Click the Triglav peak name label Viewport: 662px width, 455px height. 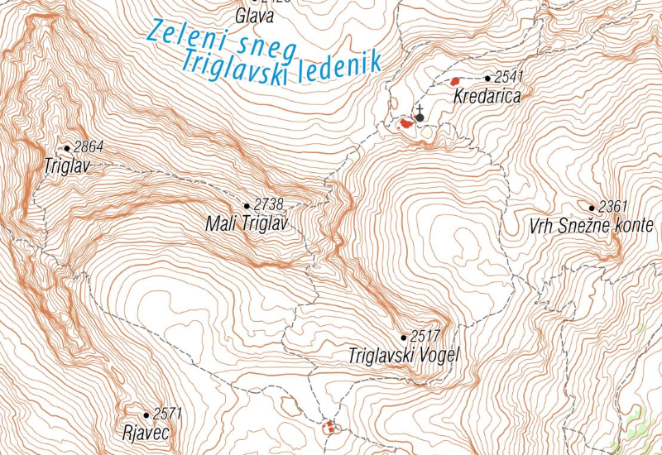click(65, 165)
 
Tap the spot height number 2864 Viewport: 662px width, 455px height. click(89, 147)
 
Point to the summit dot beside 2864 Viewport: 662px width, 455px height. click(68, 149)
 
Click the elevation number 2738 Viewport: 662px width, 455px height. click(269, 204)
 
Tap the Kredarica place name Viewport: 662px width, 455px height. click(487, 97)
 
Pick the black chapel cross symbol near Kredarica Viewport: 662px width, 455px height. click(420, 114)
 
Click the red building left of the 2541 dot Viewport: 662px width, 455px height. click(454, 81)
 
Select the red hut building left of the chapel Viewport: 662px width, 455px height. click(405, 123)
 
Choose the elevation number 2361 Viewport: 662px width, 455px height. click(614, 206)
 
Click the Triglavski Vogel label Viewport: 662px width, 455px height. click(403, 357)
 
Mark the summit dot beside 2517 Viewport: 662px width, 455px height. click(404, 338)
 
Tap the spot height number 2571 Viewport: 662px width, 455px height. click(167, 414)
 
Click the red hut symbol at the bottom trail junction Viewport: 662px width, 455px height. click(329, 427)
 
